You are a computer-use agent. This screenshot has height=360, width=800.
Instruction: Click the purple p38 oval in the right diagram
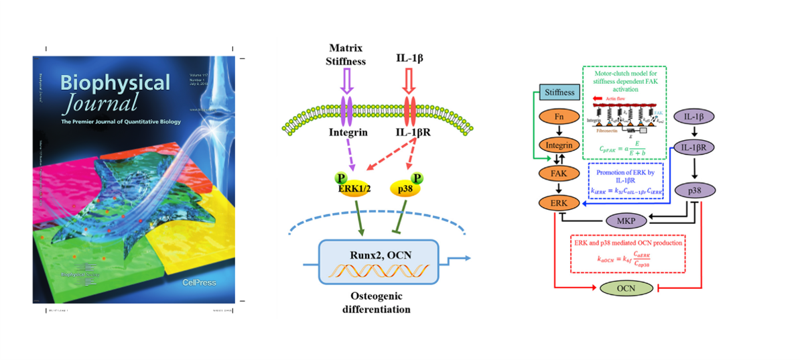pyautogui.click(x=695, y=190)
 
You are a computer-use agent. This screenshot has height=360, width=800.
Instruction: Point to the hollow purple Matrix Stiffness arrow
pyautogui.click(x=347, y=84)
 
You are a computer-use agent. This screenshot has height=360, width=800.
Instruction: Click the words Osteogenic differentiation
pyautogui.click(x=379, y=302)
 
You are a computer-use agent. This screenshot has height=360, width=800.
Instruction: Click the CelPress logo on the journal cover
pyautogui.click(x=200, y=283)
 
